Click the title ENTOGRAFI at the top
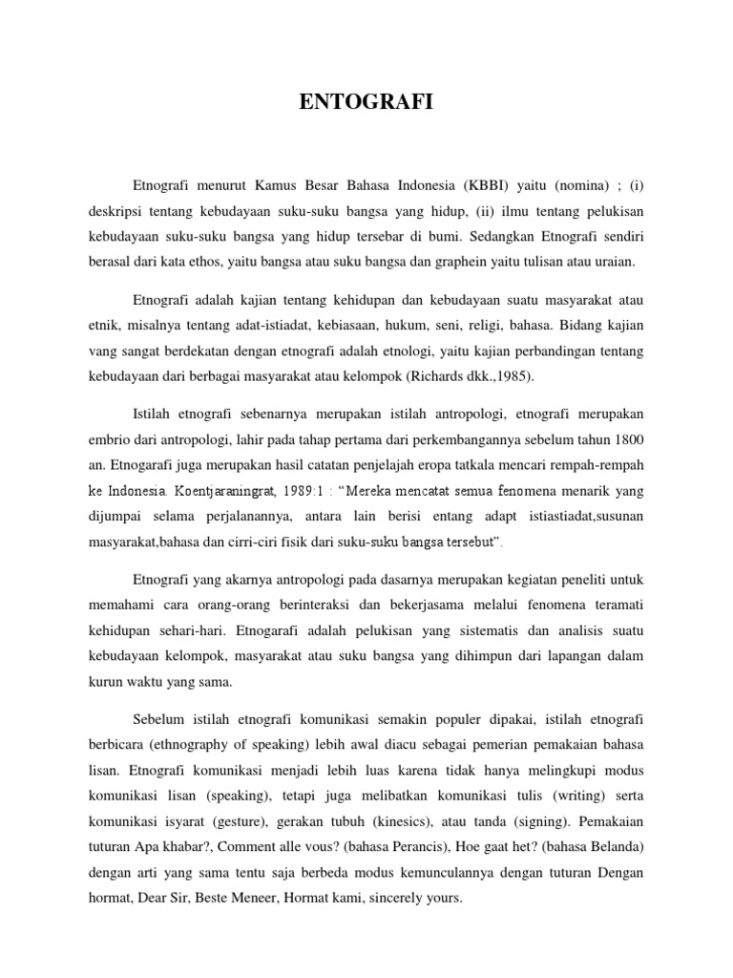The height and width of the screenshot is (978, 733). [366, 101]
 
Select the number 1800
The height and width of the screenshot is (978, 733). [625, 440]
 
